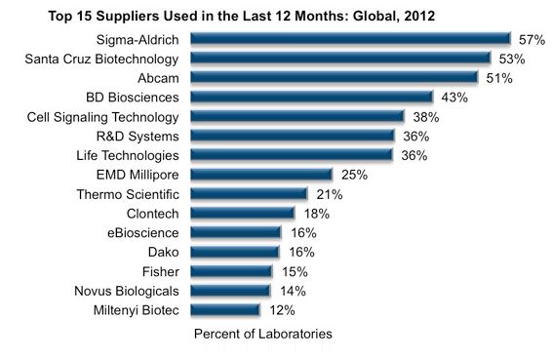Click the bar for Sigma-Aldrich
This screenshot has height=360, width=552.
(350, 39)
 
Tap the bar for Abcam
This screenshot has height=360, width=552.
(334, 78)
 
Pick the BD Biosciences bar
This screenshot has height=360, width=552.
(311, 98)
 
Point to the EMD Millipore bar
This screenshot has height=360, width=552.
(261, 175)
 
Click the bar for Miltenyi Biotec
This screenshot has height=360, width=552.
(224, 309)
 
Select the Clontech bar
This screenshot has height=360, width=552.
(242, 213)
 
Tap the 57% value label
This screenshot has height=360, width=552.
(531, 39)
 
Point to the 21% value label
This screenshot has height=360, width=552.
(328, 194)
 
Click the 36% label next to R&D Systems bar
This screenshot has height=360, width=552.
(414, 136)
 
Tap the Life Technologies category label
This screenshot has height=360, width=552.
(128, 155)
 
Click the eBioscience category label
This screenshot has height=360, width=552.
(147, 232)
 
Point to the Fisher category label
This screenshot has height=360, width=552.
(163, 271)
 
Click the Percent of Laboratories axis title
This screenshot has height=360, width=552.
(262, 334)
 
